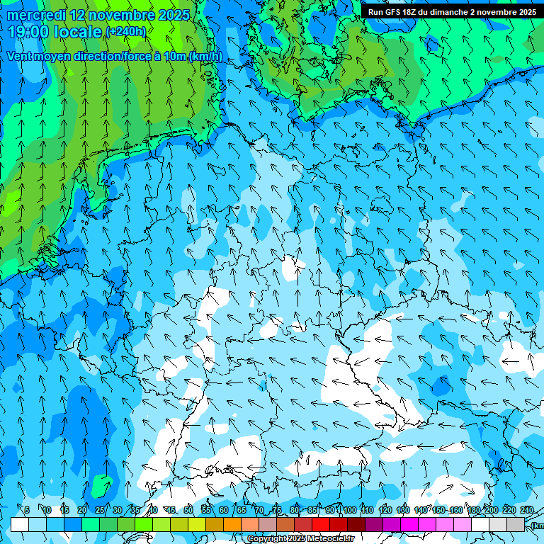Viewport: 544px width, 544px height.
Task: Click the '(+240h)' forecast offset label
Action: tap(126, 32)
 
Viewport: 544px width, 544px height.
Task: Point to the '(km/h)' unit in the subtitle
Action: tap(205, 57)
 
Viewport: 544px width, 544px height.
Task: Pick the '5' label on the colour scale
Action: tap(27, 510)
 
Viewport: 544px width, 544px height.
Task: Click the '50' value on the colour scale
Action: tap(188, 510)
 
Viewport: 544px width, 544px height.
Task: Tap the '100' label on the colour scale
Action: tap(349, 510)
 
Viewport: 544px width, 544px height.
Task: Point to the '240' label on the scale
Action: tap(526, 510)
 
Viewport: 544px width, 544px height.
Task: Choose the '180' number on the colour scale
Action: tap(473, 510)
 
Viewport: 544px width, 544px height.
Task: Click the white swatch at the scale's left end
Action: tap(19, 524)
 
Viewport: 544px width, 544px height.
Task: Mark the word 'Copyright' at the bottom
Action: tap(267, 539)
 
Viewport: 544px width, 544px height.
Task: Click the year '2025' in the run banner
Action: tap(525, 12)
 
